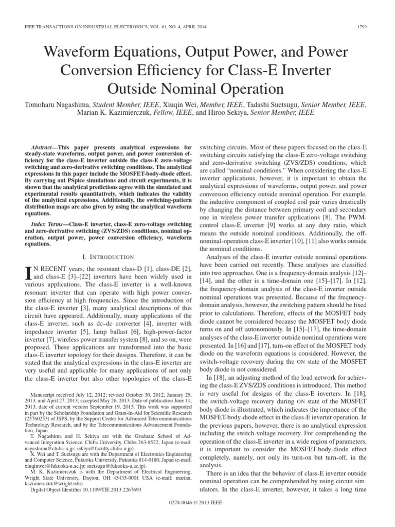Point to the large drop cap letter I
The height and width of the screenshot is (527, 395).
point(29,273)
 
